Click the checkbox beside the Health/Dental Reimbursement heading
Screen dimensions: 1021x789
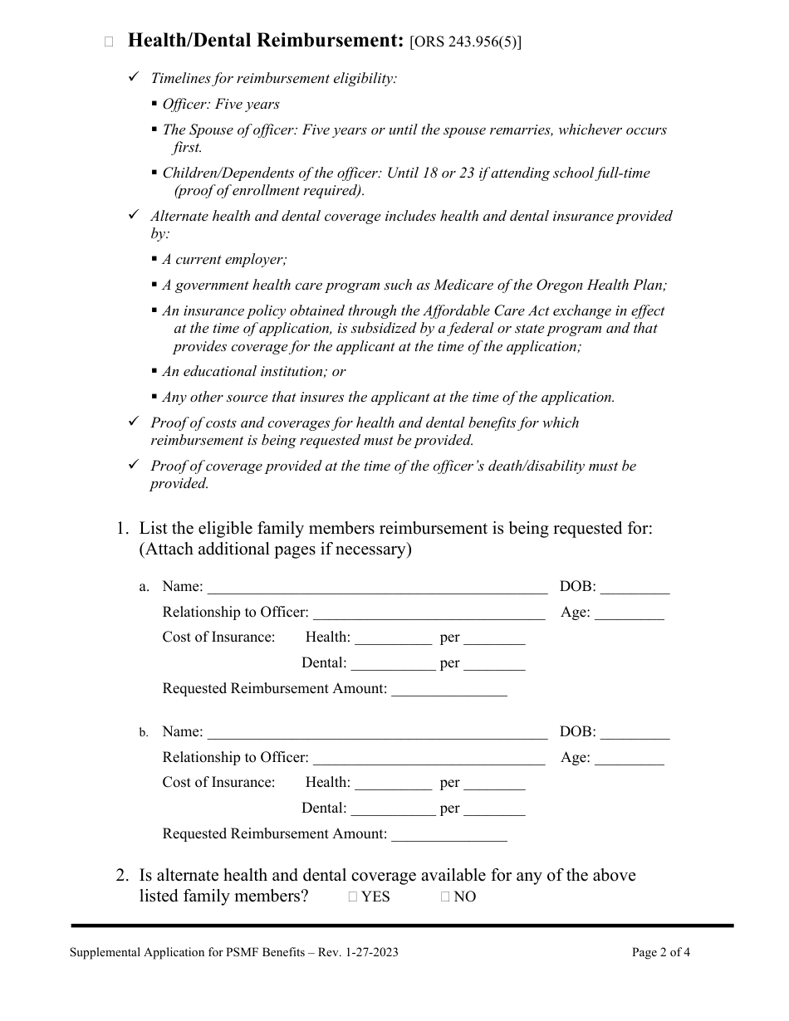point(109,42)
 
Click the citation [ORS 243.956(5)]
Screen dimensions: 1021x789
point(466,42)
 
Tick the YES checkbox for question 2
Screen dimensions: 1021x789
point(353,896)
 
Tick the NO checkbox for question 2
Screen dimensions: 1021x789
point(445,896)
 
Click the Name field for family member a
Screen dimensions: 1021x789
point(377,588)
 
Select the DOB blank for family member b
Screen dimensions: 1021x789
point(635,733)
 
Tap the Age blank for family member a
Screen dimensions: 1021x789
point(630,613)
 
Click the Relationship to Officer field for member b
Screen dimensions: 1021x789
point(429,759)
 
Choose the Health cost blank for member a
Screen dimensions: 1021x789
point(393,638)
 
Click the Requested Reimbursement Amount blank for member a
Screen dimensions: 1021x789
point(448,690)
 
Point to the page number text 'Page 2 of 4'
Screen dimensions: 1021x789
point(660,952)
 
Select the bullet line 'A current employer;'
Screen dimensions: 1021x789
point(224,260)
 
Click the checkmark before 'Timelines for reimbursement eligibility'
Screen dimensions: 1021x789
point(134,77)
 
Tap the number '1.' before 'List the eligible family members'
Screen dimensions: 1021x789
point(123,529)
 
